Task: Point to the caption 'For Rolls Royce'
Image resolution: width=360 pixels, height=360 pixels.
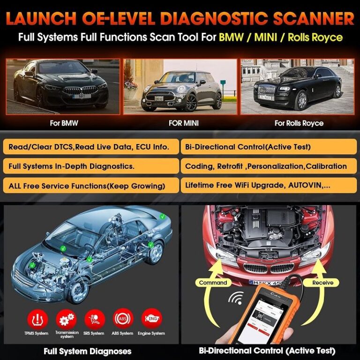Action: (299, 123)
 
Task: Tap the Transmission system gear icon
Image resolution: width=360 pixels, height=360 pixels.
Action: (66, 319)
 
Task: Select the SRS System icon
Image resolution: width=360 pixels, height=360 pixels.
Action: (94, 319)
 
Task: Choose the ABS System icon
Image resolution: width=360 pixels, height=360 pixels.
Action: (123, 319)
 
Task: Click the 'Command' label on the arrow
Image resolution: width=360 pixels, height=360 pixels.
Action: (213, 283)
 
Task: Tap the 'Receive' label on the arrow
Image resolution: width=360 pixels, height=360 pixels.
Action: (322, 283)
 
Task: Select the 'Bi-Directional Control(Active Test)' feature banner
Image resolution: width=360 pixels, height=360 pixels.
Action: (270, 147)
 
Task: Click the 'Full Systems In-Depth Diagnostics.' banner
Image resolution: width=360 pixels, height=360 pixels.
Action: (92, 166)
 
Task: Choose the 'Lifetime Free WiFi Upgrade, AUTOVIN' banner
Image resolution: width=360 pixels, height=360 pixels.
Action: (270, 185)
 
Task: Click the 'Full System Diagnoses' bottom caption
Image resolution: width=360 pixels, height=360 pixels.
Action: (88, 351)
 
